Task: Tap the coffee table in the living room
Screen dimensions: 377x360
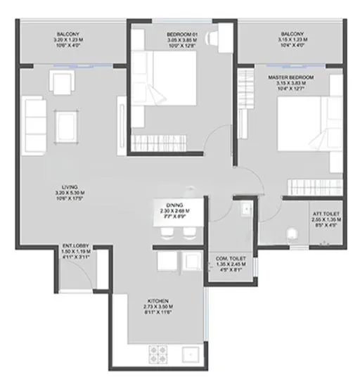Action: pyautogui.click(x=67, y=125)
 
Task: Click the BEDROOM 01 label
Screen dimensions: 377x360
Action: pyautogui.click(x=181, y=34)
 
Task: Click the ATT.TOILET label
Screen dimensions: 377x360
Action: pyautogui.click(x=326, y=215)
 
